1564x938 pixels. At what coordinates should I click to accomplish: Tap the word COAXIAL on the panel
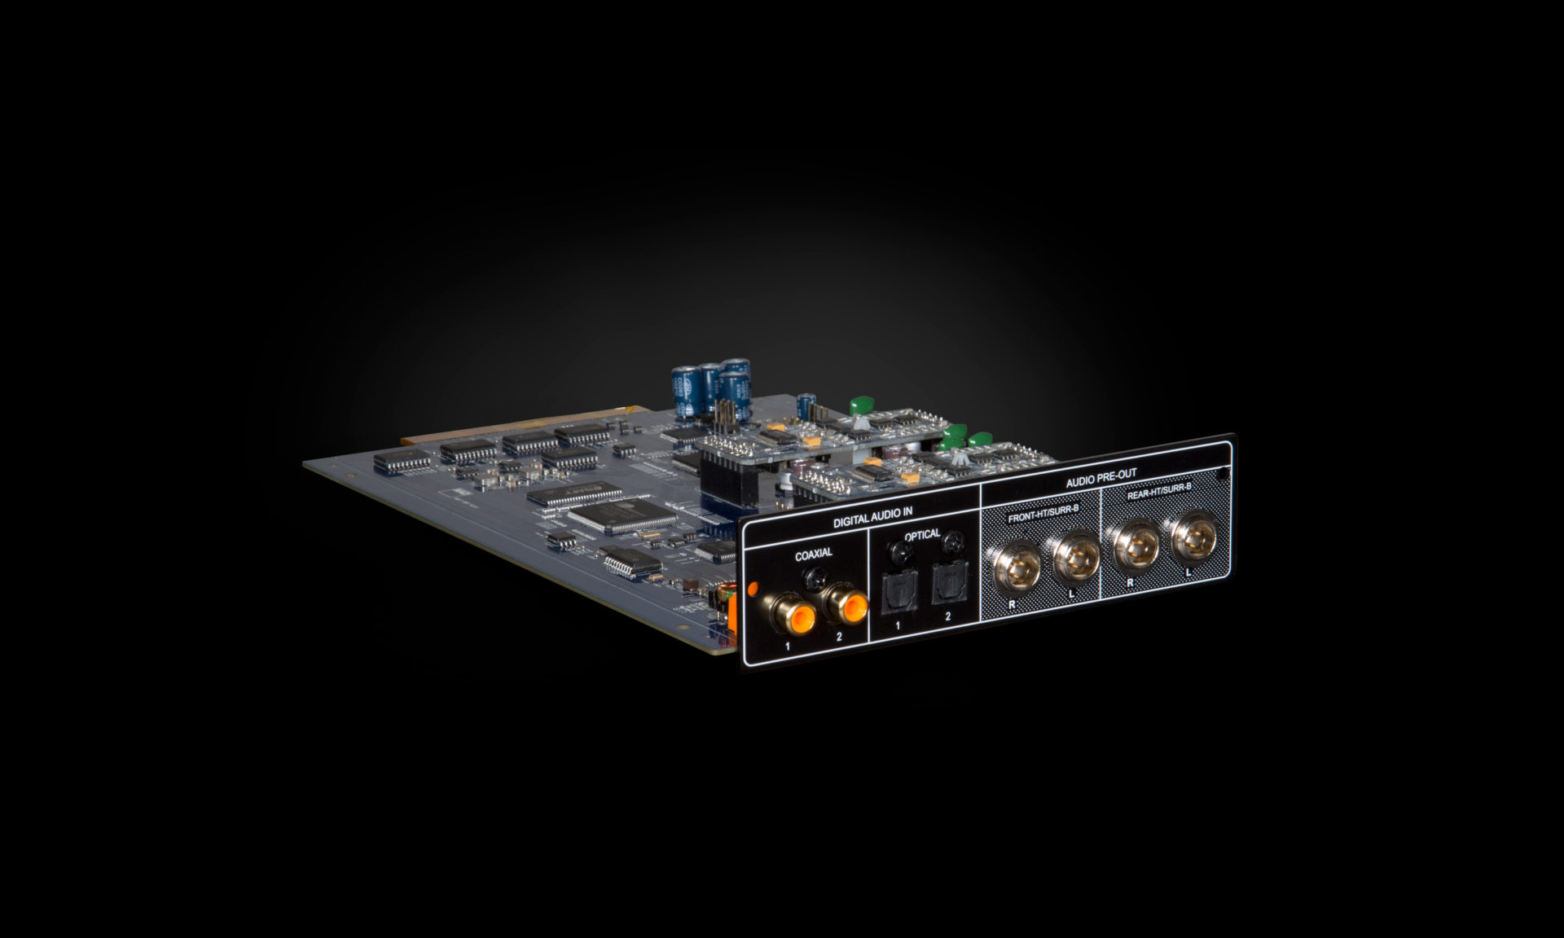click(813, 554)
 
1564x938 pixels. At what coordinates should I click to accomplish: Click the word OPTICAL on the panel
click(922, 535)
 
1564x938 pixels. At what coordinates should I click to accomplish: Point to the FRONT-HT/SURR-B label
click(1043, 511)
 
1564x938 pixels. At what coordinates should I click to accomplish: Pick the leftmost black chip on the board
click(402, 462)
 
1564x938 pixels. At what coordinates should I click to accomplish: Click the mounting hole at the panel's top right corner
click(1222, 473)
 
